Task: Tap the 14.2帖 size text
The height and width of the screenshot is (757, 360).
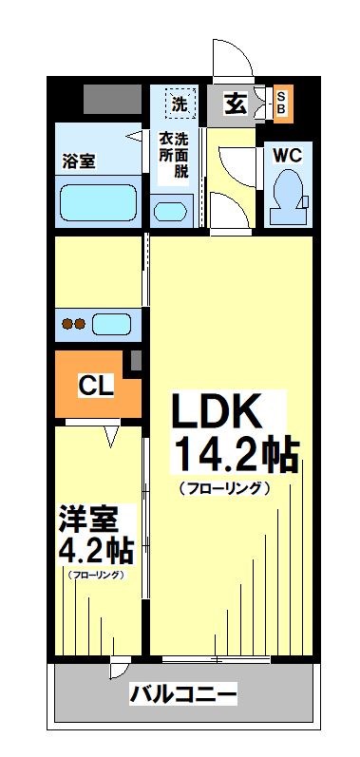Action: click(x=234, y=456)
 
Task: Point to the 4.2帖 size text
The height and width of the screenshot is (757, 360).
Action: click(x=95, y=550)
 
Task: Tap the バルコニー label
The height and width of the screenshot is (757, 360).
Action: click(x=182, y=693)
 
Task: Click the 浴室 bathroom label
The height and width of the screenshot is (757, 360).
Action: click(x=80, y=161)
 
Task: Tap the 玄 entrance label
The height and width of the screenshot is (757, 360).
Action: click(x=236, y=103)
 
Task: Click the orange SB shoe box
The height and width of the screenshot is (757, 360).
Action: click(x=282, y=103)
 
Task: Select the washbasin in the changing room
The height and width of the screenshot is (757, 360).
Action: click(x=171, y=212)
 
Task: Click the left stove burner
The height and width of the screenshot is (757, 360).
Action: click(x=66, y=323)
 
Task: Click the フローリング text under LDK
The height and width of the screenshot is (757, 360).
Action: click(x=224, y=488)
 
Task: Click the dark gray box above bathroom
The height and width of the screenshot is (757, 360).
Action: click(x=111, y=99)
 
